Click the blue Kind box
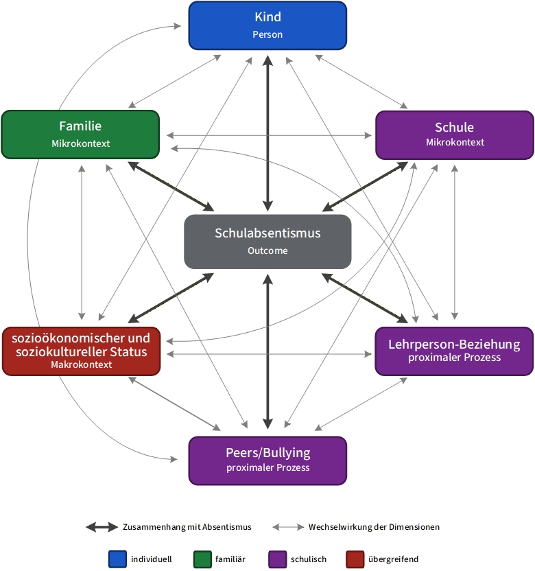(x=267, y=25)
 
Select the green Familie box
(x=80, y=135)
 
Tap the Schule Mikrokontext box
(x=455, y=135)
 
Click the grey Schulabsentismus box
(x=267, y=242)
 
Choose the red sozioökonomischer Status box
(x=81, y=351)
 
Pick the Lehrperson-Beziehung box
(x=454, y=351)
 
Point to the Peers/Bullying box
(x=267, y=461)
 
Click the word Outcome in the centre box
(x=267, y=250)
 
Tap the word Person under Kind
(x=267, y=34)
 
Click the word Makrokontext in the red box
(x=81, y=364)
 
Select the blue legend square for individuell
(x=117, y=559)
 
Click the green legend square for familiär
(x=202, y=559)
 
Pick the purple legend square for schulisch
(x=277, y=559)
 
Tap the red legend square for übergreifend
(x=355, y=559)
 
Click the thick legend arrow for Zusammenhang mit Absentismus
(x=102, y=527)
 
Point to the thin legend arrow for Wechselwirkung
(x=288, y=527)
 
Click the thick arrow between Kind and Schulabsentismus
(x=268, y=133)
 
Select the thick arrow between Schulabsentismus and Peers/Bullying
(x=268, y=351)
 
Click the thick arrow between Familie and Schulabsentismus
(x=171, y=187)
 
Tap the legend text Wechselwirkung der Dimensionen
(x=374, y=527)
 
